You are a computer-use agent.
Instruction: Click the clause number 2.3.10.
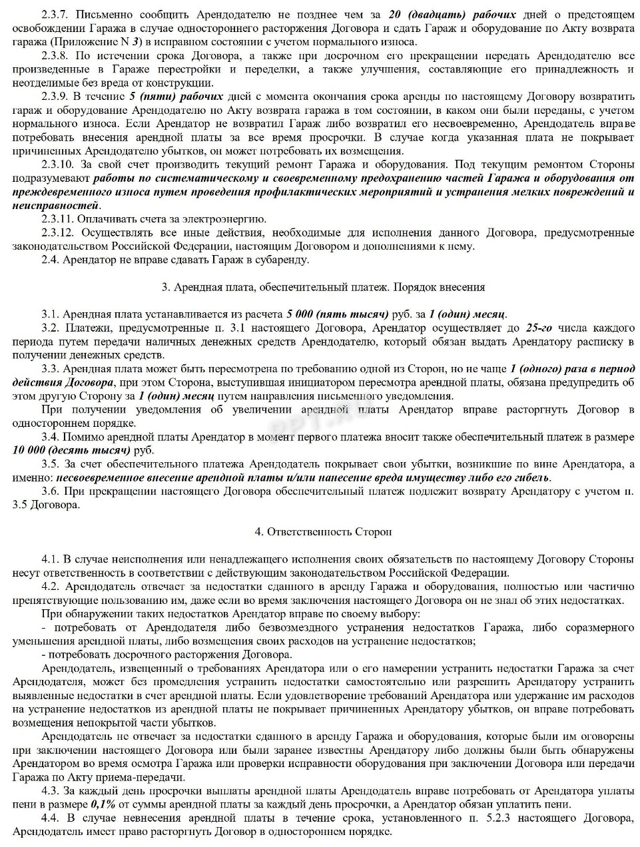click(59, 164)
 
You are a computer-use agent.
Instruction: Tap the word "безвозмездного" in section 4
click(265, 627)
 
